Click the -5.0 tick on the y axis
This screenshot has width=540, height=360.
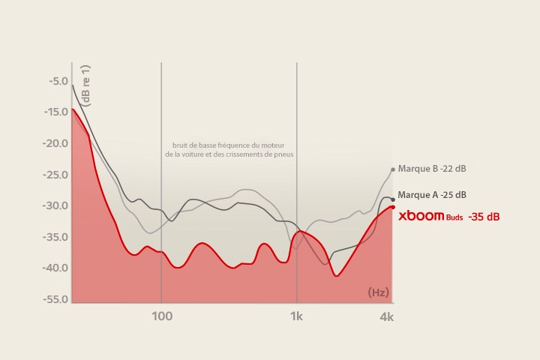pyautogui.click(x=58, y=81)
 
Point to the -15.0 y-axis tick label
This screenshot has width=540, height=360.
pyautogui.click(x=56, y=112)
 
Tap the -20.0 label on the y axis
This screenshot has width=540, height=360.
pyautogui.click(x=56, y=143)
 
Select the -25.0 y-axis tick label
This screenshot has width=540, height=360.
pyautogui.click(x=56, y=175)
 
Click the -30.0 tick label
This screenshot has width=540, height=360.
pyautogui.click(x=56, y=205)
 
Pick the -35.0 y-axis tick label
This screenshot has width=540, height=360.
pyautogui.click(x=56, y=237)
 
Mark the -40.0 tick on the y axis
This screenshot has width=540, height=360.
pyautogui.click(x=56, y=268)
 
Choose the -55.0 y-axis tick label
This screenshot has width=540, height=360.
pyautogui.click(x=56, y=299)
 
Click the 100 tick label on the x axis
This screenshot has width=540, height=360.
pyautogui.click(x=161, y=316)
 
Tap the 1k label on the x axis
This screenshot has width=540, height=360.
pyautogui.click(x=297, y=316)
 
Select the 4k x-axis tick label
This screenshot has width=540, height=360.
pyautogui.click(x=386, y=317)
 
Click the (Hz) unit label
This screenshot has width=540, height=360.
pyautogui.click(x=378, y=292)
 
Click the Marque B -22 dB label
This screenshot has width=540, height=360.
pyautogui.click(x=436, y=169)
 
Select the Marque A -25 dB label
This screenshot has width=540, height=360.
pyautogui.click(x=432, y=195)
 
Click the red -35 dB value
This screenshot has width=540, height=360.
pyautogui.click(x=484, y=217)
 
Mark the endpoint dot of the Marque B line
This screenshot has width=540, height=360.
pyautogui.click(x=392, y=169)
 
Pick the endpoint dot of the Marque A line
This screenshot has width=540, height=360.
pyautogui.click(x=392, y=199)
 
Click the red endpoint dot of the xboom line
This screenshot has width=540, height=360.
pyautogui.click(x=392, y=207)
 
